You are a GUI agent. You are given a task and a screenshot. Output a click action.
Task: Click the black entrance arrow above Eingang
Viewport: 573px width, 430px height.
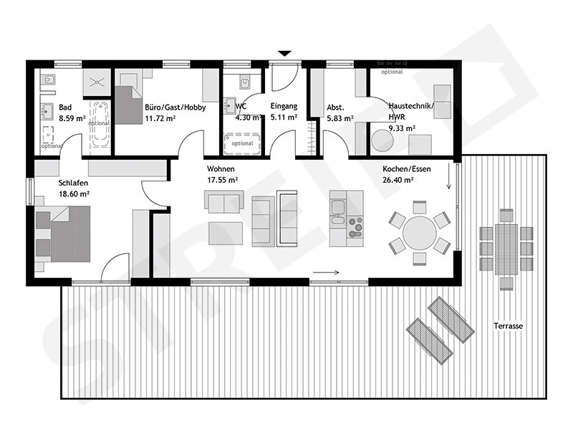point(285,53)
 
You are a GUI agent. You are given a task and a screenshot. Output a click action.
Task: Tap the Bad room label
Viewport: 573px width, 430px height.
point(65,107)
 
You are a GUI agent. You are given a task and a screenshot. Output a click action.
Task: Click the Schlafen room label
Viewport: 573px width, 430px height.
point(74,183)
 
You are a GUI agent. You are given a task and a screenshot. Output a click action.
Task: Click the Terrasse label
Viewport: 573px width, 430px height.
point(508,326)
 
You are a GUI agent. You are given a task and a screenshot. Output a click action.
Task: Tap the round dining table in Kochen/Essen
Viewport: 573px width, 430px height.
point(420,232)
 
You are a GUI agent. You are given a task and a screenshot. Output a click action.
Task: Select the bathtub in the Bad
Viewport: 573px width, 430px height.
point(100,126)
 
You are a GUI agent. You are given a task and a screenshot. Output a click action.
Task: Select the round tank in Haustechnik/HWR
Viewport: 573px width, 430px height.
point(381,140)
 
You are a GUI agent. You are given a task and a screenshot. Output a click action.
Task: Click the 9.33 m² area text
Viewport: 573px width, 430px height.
point(402,128)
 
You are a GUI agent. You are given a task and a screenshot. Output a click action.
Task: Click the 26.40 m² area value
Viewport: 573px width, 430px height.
point(399,180)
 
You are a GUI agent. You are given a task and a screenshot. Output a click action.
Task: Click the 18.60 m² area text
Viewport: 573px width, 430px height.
point(74,193)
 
